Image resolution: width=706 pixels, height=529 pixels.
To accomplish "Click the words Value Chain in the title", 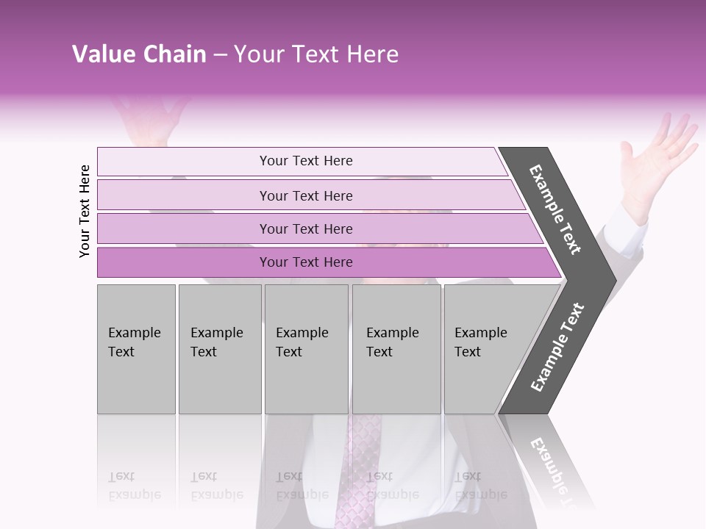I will (139, 54).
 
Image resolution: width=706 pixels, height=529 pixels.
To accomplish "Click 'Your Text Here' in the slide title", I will (316, 54).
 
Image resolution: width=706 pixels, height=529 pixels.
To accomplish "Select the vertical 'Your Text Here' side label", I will (85, 211).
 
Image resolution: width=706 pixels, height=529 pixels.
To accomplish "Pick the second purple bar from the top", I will (305, 195).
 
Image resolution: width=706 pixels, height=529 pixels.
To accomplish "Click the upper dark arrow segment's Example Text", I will (556, 209).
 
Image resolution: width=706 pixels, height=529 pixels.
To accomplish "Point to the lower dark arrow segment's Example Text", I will (557, 348).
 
